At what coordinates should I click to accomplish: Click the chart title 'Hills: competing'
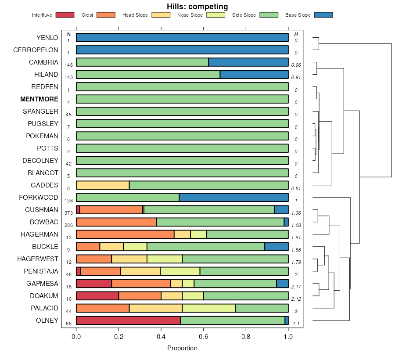click(x=197, y=7)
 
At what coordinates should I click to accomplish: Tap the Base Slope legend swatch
click(x=323, y=15)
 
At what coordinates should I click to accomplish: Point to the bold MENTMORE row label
click(x=39, y=99)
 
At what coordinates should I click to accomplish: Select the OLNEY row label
click(x=47, y=320)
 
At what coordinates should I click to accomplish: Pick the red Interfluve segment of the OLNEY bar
click(x=128, y=320)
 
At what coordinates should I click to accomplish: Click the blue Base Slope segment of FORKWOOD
click(x=233, y=198)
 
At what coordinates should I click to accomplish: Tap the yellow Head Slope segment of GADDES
click(x=103, y=185)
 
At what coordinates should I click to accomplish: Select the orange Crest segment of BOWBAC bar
click(x=116, y=222)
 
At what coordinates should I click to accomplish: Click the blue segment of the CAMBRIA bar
click(x=248, y=62)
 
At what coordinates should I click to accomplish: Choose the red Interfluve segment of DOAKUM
click(x=97, y=296)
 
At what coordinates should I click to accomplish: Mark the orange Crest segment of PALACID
click(x=103, y=308)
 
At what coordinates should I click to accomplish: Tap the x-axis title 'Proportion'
click(x=182, y=349)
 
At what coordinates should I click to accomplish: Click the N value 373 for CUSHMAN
click(x=68, y=213)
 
